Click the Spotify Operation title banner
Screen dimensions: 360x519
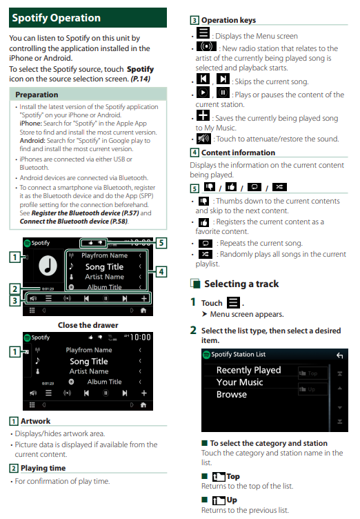click(88, 17)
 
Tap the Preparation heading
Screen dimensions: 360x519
click(37, 95)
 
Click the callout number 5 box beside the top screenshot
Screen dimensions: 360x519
click(161, 243)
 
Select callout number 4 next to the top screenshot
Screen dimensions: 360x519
click(161, 272)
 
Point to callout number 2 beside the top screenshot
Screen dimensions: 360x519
click(14, 288)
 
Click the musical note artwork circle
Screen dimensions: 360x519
click(48, 266)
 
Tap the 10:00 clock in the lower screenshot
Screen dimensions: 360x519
click(140, 337)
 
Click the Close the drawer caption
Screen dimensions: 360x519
click(88, 325)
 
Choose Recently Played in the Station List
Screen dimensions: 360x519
click(248, 370)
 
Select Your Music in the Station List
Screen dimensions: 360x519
click(239, 382)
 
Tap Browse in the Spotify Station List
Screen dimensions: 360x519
click(232, 394)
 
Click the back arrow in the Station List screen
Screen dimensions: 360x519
click(339, 355)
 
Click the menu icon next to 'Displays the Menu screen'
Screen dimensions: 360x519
click(203, 32)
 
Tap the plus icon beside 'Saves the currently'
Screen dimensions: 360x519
click(203, 115)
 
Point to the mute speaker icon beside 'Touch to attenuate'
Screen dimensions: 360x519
click(203, 138)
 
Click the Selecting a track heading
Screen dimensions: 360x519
click(241, 284)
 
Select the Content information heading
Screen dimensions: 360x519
click(238, 153)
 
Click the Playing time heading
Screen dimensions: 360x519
click(43, 468)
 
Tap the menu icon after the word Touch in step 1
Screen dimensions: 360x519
click(233, 302)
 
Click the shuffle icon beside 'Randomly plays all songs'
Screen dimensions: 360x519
click(205, 254)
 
